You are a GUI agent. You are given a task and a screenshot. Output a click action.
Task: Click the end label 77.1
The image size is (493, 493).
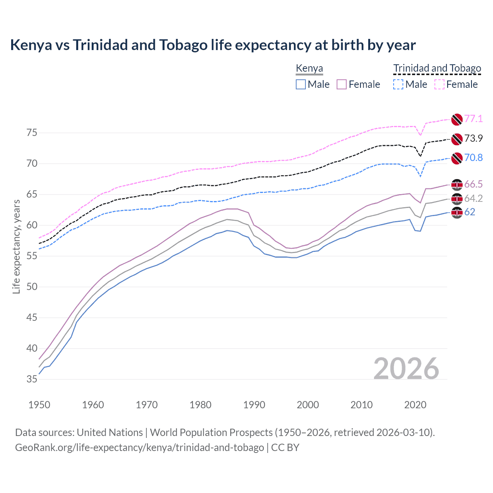point(473,119)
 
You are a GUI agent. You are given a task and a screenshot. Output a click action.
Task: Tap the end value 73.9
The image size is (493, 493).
point(473,138)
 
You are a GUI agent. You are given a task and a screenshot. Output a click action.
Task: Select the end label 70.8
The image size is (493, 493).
point(473,158)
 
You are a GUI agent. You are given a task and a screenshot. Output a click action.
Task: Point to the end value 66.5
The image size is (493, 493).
point(473,184)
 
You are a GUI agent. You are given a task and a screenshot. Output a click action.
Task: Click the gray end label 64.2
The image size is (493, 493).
point(473,198)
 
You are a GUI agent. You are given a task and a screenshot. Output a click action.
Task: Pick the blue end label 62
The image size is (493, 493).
point(470,212)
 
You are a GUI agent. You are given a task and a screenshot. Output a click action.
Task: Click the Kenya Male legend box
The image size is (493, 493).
point(301,84)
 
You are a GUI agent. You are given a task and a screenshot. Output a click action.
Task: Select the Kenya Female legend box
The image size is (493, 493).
point(342,84)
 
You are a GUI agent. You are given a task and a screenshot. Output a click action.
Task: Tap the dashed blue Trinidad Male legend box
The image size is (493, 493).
point(398,84)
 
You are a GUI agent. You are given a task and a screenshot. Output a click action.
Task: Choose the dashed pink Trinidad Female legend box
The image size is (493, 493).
point(439,84)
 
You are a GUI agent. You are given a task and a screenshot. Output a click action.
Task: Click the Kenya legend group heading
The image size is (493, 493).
point(309,69)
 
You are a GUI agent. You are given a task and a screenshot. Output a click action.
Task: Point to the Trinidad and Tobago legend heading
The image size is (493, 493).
point(437,69)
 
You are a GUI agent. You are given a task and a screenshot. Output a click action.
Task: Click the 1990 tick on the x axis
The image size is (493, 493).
point(254,405)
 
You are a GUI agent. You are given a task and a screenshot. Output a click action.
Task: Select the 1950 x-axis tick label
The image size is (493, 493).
point(39,405)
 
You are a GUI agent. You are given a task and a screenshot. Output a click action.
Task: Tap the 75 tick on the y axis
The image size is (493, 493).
point(32,133)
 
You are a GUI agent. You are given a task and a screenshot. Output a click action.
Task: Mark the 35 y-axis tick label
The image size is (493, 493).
point(32,379)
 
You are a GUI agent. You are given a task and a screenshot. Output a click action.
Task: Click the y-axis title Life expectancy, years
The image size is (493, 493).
point(16,246)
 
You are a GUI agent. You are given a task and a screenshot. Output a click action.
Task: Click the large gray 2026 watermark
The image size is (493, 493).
point(406,369)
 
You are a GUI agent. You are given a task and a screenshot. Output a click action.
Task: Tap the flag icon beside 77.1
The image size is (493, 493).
point(456,119)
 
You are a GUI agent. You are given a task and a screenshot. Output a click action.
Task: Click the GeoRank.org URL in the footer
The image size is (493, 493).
point(139,448)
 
